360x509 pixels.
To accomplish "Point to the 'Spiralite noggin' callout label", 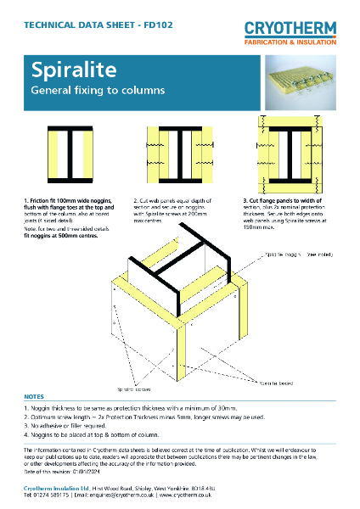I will click(289, 254).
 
